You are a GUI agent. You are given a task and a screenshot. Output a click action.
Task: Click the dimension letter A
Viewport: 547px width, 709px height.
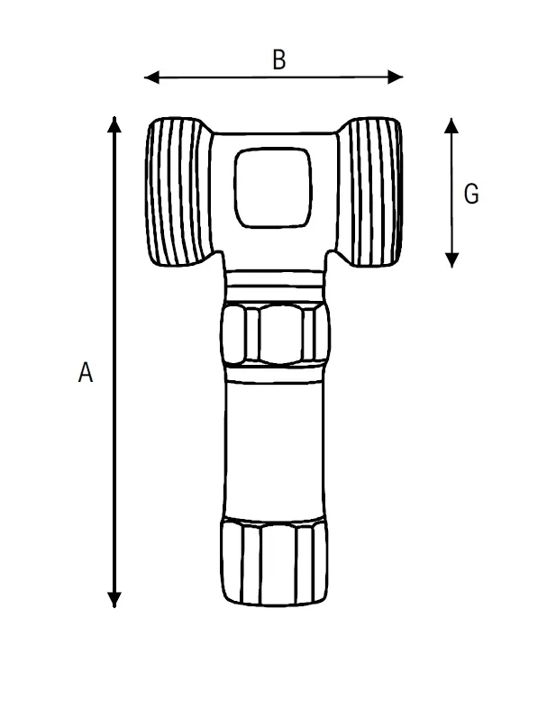tap(86, 372)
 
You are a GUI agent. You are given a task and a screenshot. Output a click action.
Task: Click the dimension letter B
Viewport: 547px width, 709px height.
tap(279, 59)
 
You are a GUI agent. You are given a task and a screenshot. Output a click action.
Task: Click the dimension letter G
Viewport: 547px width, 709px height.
tap(471, 194)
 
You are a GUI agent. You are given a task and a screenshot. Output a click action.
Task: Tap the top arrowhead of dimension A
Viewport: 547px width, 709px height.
tap(114, 124)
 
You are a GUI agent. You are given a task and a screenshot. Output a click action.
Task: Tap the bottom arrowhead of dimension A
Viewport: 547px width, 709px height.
tap(114, 600)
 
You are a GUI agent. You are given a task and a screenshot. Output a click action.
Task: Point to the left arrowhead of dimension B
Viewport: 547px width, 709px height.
tap(151, 77)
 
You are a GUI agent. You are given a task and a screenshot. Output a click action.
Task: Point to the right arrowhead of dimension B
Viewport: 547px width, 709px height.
tap(396, 77)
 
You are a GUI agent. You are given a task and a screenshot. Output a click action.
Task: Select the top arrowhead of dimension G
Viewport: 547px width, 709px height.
tap(451, 125)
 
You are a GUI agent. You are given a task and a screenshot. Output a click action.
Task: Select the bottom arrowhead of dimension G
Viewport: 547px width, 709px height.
tap(451, 260)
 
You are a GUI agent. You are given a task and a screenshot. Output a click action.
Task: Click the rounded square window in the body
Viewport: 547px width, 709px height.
tap(273, 187)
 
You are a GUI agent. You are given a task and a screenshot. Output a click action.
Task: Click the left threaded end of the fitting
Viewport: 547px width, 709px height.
tap(178, 192)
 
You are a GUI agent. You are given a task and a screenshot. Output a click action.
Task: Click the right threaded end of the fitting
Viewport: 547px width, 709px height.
tap(370, 192)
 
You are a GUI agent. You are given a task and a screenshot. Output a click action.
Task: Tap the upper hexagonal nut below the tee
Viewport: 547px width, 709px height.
tap(275, 334)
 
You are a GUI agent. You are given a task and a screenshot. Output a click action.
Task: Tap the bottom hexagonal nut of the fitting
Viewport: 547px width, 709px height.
tap(274, 562)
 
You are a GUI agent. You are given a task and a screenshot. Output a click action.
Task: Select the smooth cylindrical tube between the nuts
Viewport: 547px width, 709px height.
tap(274, 450)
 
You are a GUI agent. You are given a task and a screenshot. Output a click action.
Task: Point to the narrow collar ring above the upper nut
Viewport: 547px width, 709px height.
tap(275, 286)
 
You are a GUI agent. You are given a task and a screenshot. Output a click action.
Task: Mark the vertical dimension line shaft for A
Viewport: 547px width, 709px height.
tap(114, 362)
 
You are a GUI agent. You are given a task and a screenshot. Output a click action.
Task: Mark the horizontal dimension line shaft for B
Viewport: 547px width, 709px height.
tap(274, 77)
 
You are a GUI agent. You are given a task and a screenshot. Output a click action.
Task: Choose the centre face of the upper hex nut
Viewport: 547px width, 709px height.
tap(280, 334)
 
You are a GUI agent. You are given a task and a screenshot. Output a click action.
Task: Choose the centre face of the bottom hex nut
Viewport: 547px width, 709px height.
tap(278, 564)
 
